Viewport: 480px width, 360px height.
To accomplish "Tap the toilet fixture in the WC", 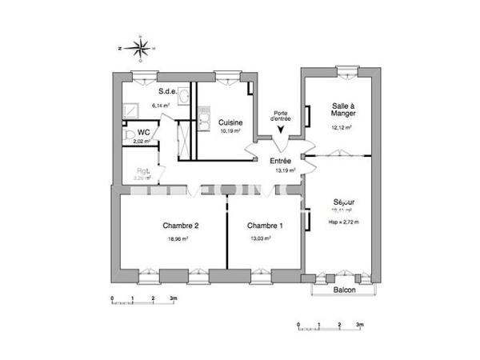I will (x=127, y=136).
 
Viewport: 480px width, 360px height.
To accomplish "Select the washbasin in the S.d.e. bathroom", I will (x=183, y=97).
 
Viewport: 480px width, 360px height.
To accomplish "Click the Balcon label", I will (x=344, y=290).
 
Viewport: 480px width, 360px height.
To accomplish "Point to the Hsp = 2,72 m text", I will (x=345, y=222).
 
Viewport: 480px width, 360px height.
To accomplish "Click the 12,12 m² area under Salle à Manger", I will (x=343, y=126).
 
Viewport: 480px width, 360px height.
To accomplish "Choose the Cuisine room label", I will (x=231, y=122).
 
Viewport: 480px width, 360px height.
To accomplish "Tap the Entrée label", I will (x=280, y=160).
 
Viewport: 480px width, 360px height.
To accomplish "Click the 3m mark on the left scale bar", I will (x=173, y=298).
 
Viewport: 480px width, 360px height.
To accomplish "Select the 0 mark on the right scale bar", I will (x=298, y=326).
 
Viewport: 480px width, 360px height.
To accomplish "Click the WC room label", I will (x=144, y=132).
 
